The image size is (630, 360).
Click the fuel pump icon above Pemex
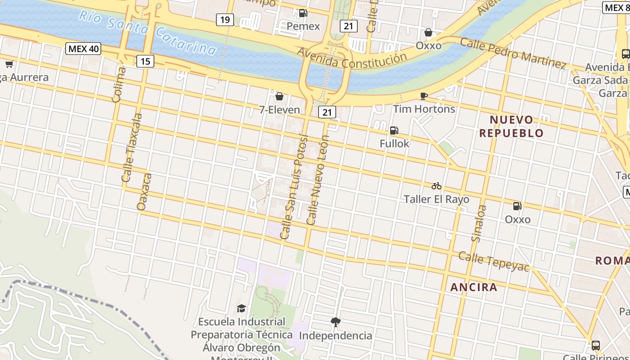click(303, 13)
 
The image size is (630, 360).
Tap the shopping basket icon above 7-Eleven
click(279, 96)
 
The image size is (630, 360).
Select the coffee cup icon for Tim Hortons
click(423, 96)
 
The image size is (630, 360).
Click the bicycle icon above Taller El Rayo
click(436, 186)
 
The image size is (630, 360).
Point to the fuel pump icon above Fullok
click(394, 130)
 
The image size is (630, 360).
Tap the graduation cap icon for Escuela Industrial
click(242, 308)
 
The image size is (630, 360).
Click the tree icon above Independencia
click(335, 322)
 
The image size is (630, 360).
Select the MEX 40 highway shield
click(83, 49)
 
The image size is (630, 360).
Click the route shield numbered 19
click(225, 19)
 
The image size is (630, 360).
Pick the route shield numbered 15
click(145, 61)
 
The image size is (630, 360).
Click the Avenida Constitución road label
click(351, 60)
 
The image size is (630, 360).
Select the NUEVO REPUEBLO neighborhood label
click(512, 126)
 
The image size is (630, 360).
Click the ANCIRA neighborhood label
click(474, 287)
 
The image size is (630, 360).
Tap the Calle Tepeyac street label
click(494, 261)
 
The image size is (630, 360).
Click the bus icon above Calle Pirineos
click(595, 346)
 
